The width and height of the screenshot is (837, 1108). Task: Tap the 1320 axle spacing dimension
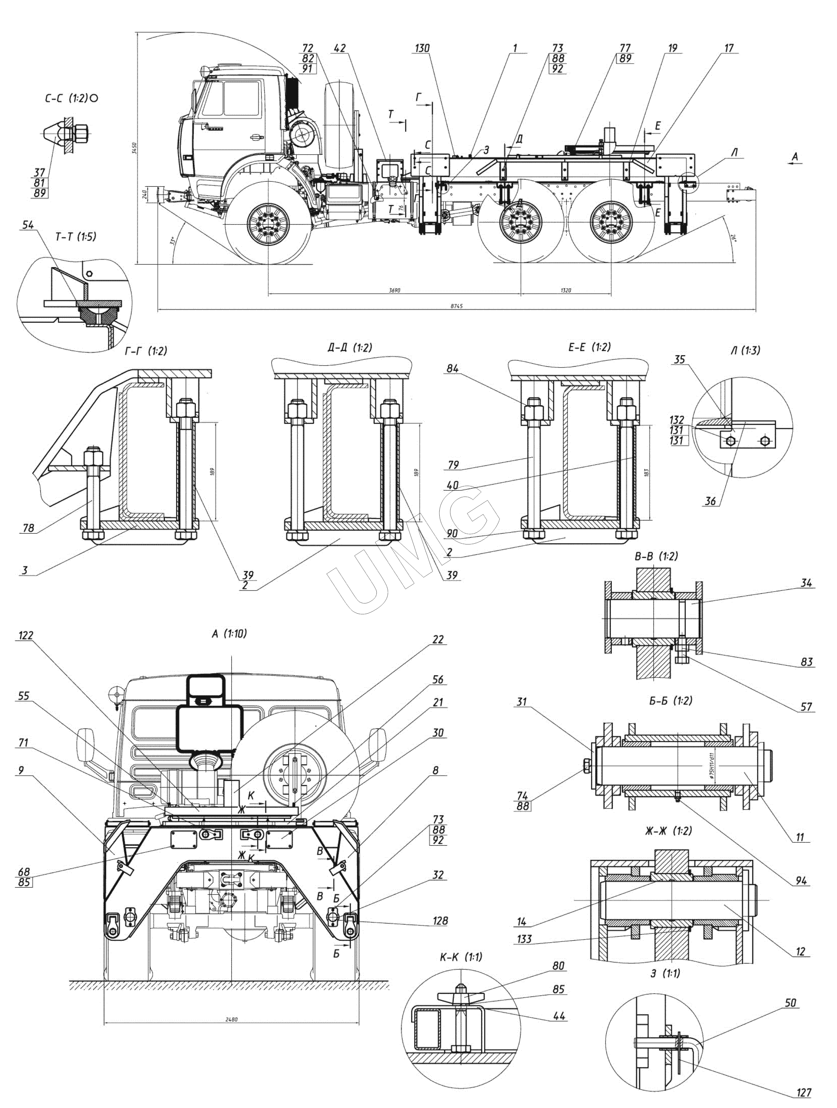[565, 290]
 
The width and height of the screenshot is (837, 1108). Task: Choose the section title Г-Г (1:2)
[146, 351]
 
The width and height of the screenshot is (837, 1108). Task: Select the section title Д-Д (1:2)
[350, 348]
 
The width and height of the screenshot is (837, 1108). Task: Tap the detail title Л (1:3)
[745, 350]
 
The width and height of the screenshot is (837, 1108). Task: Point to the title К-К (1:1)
[461, 957]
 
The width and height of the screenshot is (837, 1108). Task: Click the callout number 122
[26, 635]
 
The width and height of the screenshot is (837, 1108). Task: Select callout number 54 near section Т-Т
[28, 225]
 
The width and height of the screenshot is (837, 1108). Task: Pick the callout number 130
[422, 48]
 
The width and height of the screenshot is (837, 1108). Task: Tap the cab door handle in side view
[256, 136]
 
